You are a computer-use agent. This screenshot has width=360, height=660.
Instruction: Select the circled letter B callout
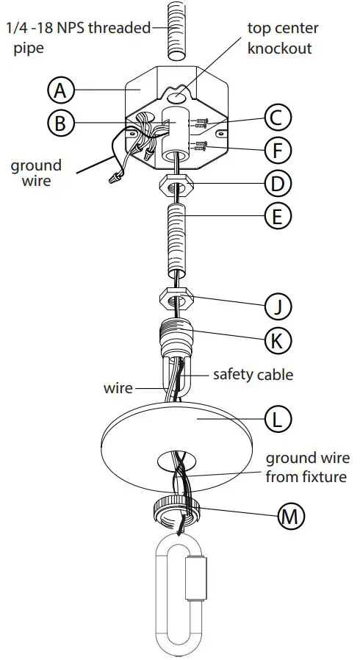(x=61, y=123)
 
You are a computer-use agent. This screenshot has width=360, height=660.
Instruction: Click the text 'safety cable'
(x=253, y=375)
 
